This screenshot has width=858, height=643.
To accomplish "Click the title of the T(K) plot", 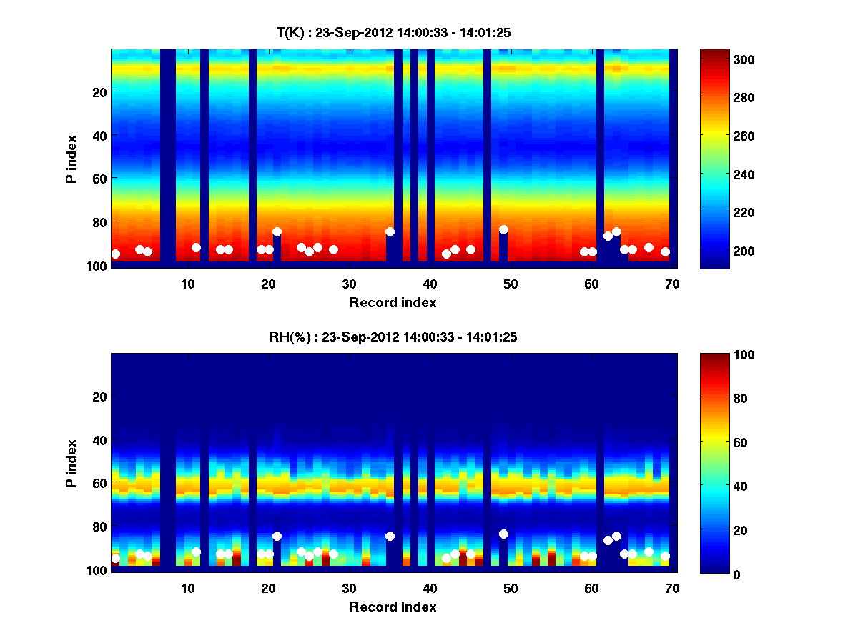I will (393, 32).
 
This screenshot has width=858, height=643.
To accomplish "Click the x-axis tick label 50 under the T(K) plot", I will (511, 284).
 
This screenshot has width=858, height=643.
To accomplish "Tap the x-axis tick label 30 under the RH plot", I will (349, 588).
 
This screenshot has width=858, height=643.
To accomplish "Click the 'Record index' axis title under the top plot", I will (393, 302).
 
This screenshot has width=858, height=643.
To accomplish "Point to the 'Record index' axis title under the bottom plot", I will (393, 607).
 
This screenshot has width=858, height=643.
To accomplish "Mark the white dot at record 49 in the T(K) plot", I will (503, 230).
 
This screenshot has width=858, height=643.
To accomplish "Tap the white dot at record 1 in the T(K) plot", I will (116, 254).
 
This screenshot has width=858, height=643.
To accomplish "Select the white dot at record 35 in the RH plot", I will (390, 536).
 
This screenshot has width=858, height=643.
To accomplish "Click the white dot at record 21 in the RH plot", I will (277, 536).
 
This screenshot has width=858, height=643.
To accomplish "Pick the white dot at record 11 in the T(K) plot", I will (196, 247).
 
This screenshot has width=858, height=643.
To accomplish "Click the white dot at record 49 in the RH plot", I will (503, 534).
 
